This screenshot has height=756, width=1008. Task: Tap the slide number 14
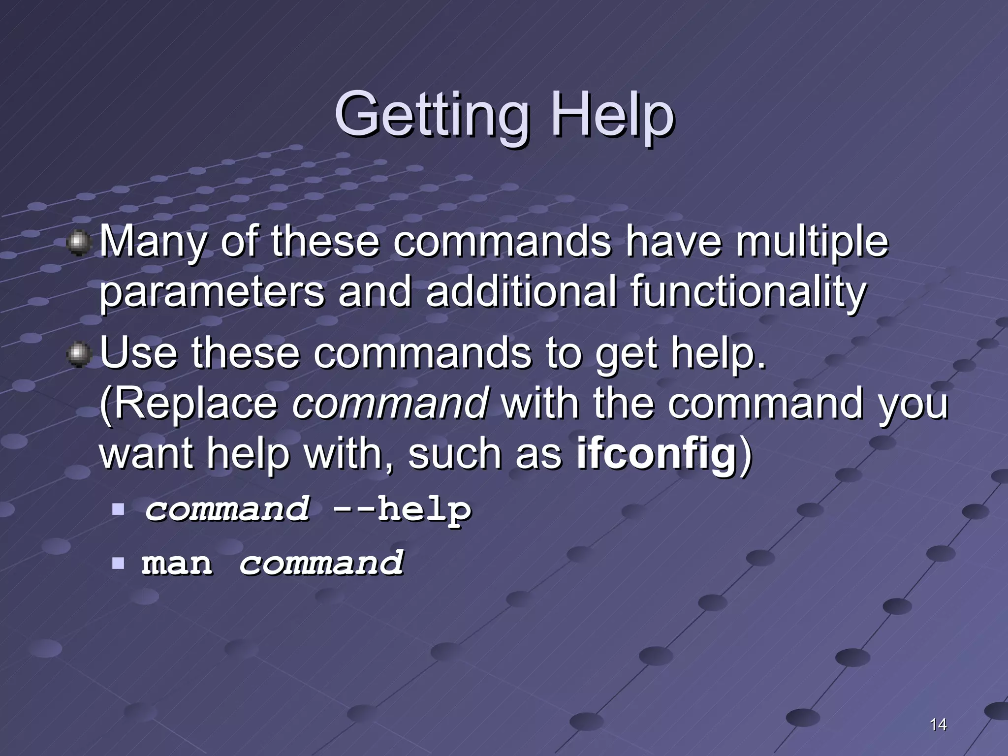point(938,724)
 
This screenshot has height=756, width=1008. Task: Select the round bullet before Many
point(78,243)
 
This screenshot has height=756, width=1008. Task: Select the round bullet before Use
point(78,355)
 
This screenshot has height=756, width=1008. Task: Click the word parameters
point(212,291)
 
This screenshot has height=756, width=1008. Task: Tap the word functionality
point(748,291)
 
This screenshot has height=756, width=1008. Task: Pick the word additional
point(521,291)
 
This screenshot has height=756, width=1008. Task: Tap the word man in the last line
point(177,563)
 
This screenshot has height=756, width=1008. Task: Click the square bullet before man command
point(118,562)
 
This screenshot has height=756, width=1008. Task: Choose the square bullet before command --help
point(118,508)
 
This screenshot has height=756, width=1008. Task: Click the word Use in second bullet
point(138,353)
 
